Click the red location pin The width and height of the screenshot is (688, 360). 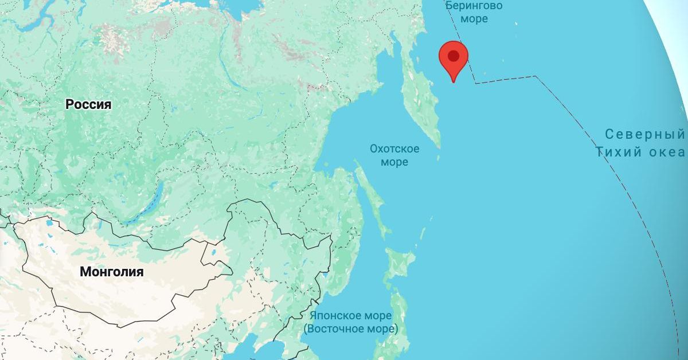[x=454, y=60]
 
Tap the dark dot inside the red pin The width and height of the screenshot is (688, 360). [x=454, y=56]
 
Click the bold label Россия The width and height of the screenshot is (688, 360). [x=88, y=104]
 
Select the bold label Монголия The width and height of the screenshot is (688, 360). [x=112, y=272]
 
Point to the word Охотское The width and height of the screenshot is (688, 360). [x=394, y=149]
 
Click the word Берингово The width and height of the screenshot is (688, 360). [x=474, y=6]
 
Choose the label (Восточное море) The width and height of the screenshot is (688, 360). [x=351, y=329]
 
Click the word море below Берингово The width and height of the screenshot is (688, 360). [x=474, y=19]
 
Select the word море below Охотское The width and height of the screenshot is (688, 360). [x=394, y=162]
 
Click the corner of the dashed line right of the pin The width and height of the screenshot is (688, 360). [x=535, y=76]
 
